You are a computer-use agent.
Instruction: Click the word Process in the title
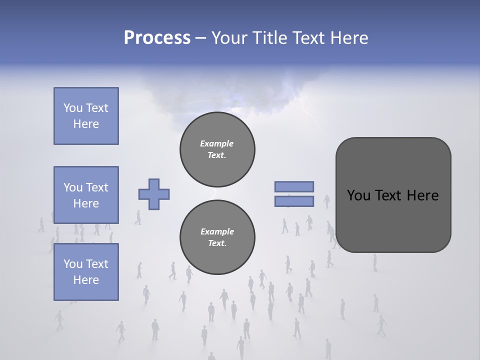pyautogui.click(x=157, y=38)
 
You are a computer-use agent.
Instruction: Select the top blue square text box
pyautogui.click(x=86, y=116)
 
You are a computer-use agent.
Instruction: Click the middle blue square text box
pyautogui.click(x=86, y=195)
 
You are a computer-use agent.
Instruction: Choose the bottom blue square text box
pyautogui.click(x=86, y=271)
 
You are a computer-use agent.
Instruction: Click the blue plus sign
pyautogui.click(x=154, y=194)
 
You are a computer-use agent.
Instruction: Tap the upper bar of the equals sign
pyautogui.click(x=294, y=186)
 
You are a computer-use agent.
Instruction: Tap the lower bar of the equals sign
pyautogui.click(x=294, y=201)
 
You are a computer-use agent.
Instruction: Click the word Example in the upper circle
pyautogui.click(x=216, y=143)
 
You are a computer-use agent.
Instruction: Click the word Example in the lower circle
pyautogui.click(x=217, y=231)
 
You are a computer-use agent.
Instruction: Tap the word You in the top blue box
pyautogui.click(x=72, y=108)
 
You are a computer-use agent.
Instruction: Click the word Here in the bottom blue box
pyautogui.click(x=86, y=280)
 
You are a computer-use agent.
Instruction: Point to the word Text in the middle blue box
pyautogui.click(x=96, y=187)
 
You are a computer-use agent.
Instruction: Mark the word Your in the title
pyautogui.click(x=229, y=38)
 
